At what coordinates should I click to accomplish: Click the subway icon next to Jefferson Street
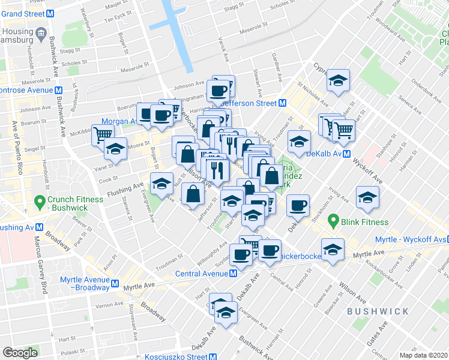pyautogui.click(x=282, y=103)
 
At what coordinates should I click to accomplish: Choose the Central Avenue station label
pyautogui.click(x=203, y=274)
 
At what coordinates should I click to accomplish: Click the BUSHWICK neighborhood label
pyautogui.click(x=378, y=311)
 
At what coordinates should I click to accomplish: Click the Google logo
pyautogui.click(x=20, y=353)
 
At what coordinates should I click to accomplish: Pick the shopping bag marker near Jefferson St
pyautogui.click(x=193, y=194)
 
